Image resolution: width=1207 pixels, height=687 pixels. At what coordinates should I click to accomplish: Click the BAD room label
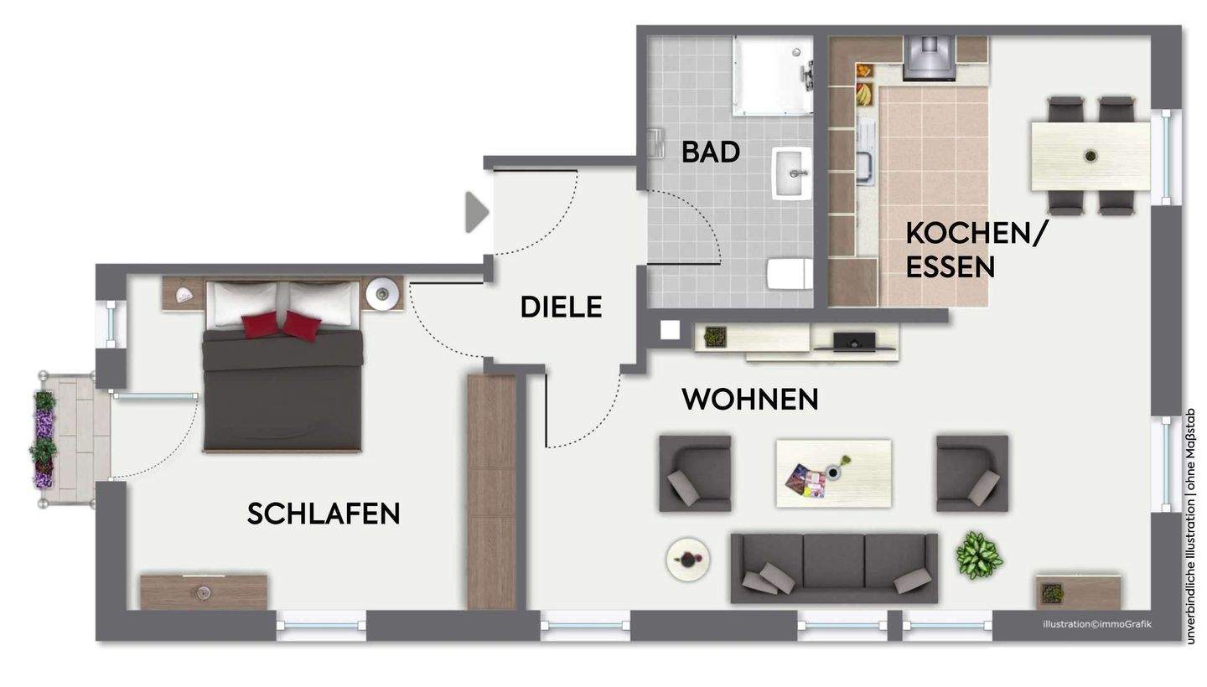coord(710,152)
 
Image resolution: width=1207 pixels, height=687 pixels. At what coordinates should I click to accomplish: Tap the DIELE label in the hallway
coord(561,307)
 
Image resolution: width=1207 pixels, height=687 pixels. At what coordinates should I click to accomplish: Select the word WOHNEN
coord(749,400)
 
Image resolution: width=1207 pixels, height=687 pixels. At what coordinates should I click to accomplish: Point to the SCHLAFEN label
coord(323,514)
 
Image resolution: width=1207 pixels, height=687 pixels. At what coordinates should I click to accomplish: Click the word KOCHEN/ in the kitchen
coord(976,234)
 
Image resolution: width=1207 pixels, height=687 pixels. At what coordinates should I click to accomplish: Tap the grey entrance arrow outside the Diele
coord(476,212)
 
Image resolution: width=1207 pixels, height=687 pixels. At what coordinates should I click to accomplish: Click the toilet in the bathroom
coord(789,274)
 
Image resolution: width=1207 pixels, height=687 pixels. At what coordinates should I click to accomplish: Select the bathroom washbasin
coord(792,173)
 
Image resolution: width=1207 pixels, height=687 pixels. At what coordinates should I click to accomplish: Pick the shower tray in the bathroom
coord(772,75)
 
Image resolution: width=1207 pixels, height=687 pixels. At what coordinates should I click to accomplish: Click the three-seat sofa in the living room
coord(833,567)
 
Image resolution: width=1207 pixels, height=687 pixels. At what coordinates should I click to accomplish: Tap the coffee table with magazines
coord(833,473)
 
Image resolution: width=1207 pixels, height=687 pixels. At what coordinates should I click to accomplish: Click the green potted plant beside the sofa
coord(978,555)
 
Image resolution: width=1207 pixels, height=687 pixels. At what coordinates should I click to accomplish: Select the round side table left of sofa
coord(688,560)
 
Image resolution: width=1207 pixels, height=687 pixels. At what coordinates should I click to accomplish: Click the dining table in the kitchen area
coord(1090,156)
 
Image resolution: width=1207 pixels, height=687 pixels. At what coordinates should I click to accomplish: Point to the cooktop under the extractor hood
coord(929,57)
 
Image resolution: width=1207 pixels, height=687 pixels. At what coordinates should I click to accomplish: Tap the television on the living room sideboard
coord(854,341)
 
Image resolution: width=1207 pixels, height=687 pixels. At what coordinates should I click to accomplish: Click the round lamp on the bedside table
coord(384,292)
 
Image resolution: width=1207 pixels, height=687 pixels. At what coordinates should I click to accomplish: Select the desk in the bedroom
coord(204,592)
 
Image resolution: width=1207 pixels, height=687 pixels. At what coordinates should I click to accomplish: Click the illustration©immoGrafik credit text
coord(1096,624)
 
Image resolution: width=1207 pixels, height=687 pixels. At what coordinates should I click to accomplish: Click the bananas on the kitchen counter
coord(863,94)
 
